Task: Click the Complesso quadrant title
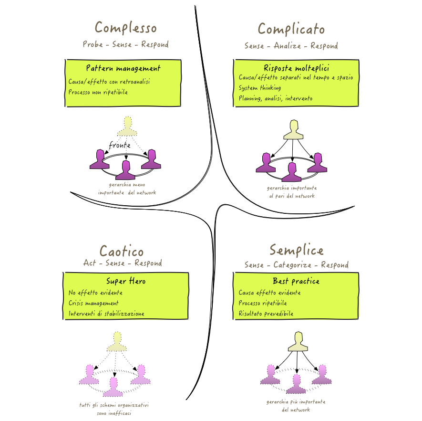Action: pos(126,28)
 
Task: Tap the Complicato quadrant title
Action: pos(291,29)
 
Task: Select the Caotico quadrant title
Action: pos(122,251)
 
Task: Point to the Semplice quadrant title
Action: pos(297,250)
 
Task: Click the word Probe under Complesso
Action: pos(93,44)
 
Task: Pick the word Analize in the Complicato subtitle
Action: pos(287,45)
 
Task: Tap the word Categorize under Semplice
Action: pos(292,265)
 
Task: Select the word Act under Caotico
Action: pos(89,263)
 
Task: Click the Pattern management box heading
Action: pos(124,68)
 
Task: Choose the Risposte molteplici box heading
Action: pos(296,68)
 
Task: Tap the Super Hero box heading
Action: pos(126,281)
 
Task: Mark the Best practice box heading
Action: pos(296,281)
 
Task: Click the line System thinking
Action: pos(260,88)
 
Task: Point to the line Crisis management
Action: pos(93,303)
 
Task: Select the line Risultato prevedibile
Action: pos(266,314)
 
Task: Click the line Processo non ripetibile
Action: pos(98,92)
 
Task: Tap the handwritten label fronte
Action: pos(120,145)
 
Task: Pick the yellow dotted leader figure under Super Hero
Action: pos(117,342)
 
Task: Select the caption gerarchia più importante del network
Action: pos(296,406)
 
